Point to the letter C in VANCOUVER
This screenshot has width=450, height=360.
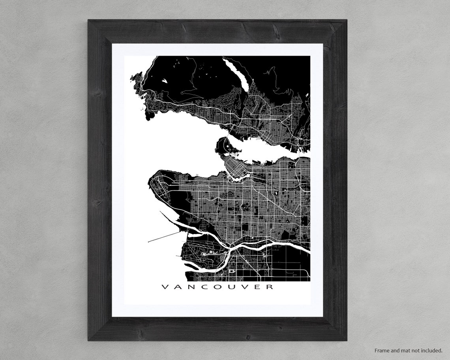(x=206, y=287)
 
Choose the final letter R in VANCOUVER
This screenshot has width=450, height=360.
(x=269, y=287)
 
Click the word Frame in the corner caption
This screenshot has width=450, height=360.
(x=381, y=350)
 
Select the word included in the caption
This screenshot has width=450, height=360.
(x=431, y=350)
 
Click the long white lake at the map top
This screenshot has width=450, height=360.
(x=237, y=73)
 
